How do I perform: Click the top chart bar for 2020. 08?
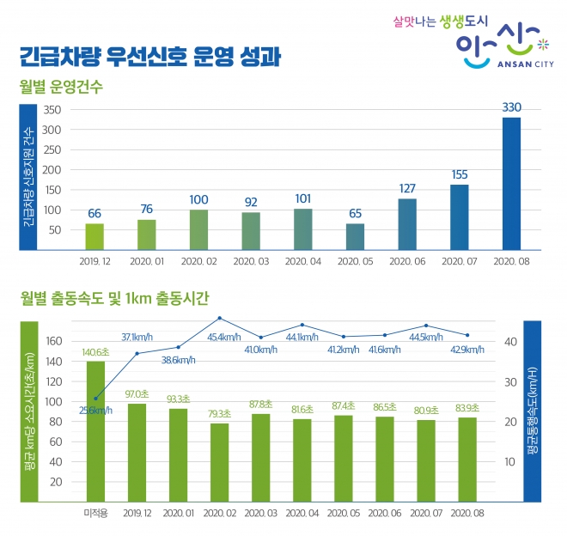pos(511,183)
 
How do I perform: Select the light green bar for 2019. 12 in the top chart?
pos(94,236)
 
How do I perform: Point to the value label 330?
pos(511,107)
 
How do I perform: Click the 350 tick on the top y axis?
pos(51,111)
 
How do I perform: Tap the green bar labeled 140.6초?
pos(95,429)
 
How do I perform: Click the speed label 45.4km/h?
pos(219,337)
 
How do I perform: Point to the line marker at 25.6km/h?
pos(95,399)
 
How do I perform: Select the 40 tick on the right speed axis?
pos(509,341)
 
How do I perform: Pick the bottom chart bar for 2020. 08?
pos(467,458)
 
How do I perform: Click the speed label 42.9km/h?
pos(467,350)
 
